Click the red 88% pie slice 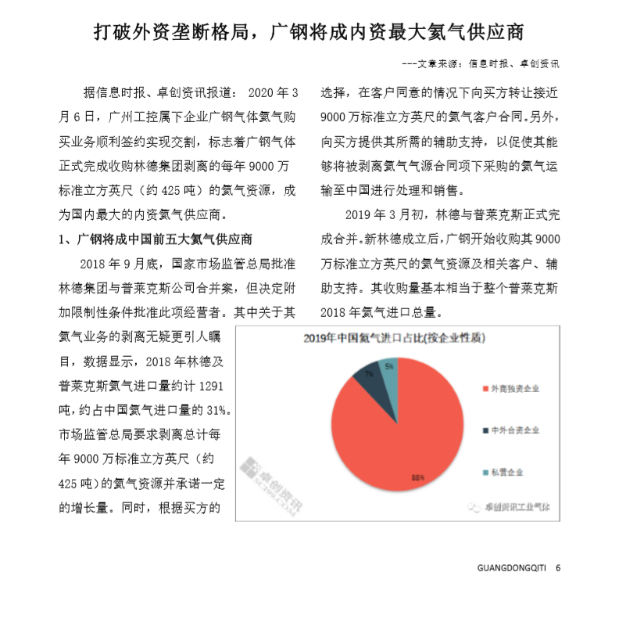(x=375, y=438)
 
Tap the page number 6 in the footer (x=558, y=568)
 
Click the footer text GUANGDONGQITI (x=513, y=568)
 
